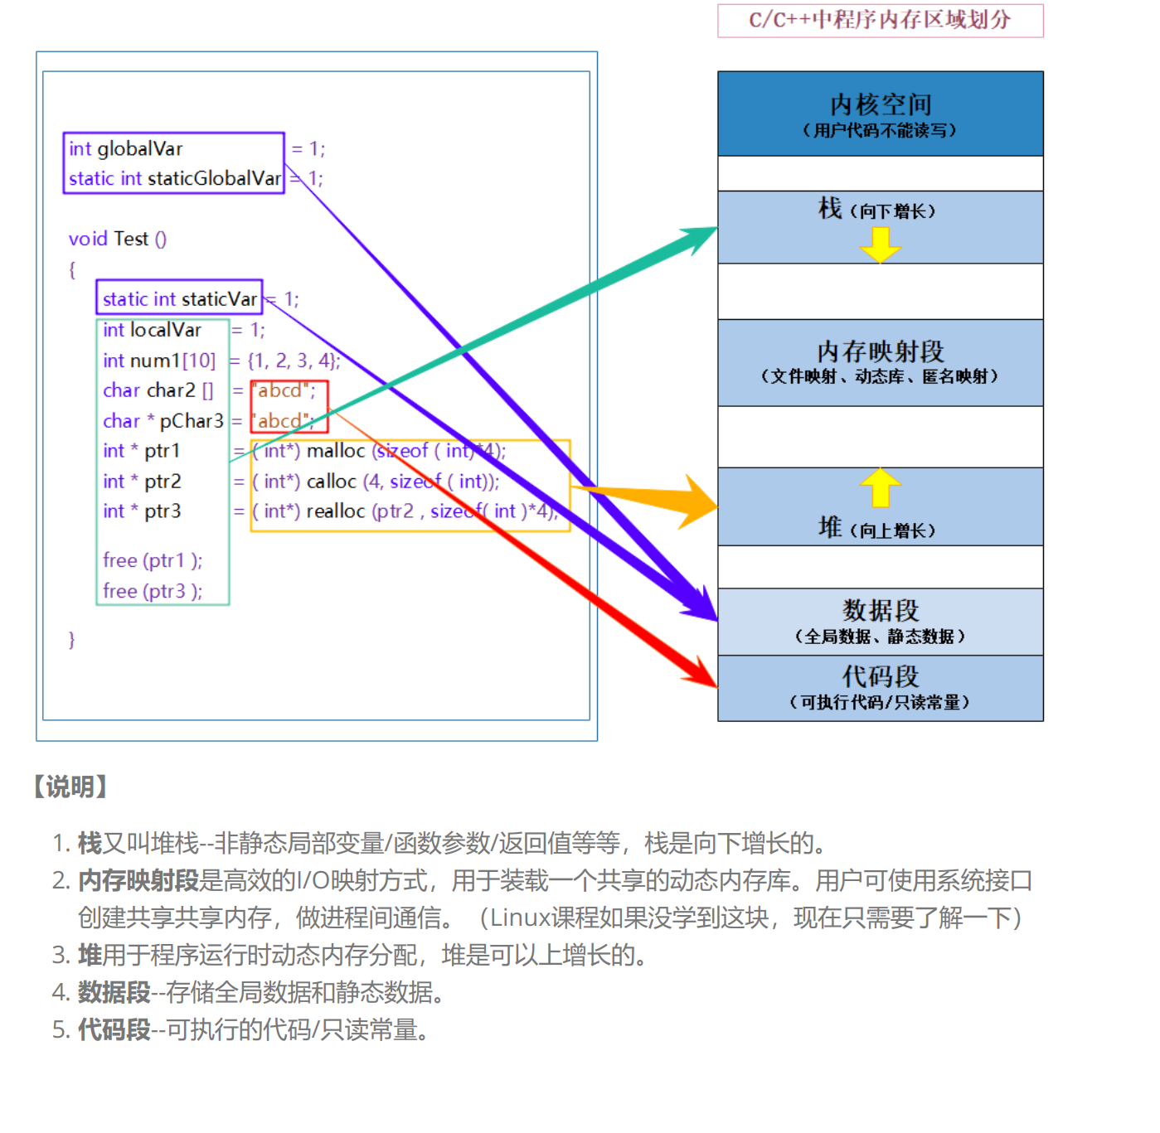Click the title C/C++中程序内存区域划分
[x=880, y=20]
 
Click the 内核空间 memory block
[x=880, y=114]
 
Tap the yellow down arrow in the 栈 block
[x=880, y=244]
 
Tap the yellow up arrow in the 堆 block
[x=880, y=487]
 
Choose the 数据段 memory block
[x=880, y=621]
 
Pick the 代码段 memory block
[x=880, y=688]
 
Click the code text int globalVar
[x=126, y=149]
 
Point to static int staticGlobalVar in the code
[x=175, y=178]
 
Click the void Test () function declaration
[x=117, y=240]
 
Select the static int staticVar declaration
[x=179, y=299]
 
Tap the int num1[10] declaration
[x=159, y=361]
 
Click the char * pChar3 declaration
[x=163, y=421]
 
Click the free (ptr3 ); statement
[x=153, y=591]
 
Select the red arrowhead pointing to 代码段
[x=701, y=672]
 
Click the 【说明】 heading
[x=70, y=787]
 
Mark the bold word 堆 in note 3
[x=90, y=955]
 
